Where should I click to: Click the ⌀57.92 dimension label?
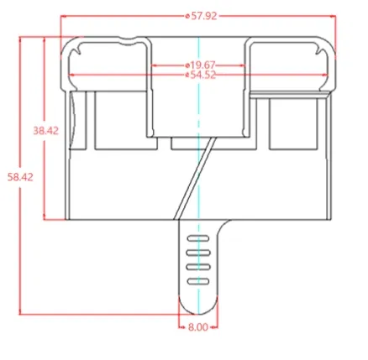click(202, 16)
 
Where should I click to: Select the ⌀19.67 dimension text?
click(200, 65)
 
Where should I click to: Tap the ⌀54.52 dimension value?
click(201, 75)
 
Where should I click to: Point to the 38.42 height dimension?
click(46, 131)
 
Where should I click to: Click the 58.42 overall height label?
click(20, 177)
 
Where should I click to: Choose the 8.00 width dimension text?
click(198, 327)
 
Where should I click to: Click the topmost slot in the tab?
click(198, 238)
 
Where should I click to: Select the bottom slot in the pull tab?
click(198, 281)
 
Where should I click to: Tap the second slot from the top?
click(198, 253)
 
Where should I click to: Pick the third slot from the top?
click(198, 267)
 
